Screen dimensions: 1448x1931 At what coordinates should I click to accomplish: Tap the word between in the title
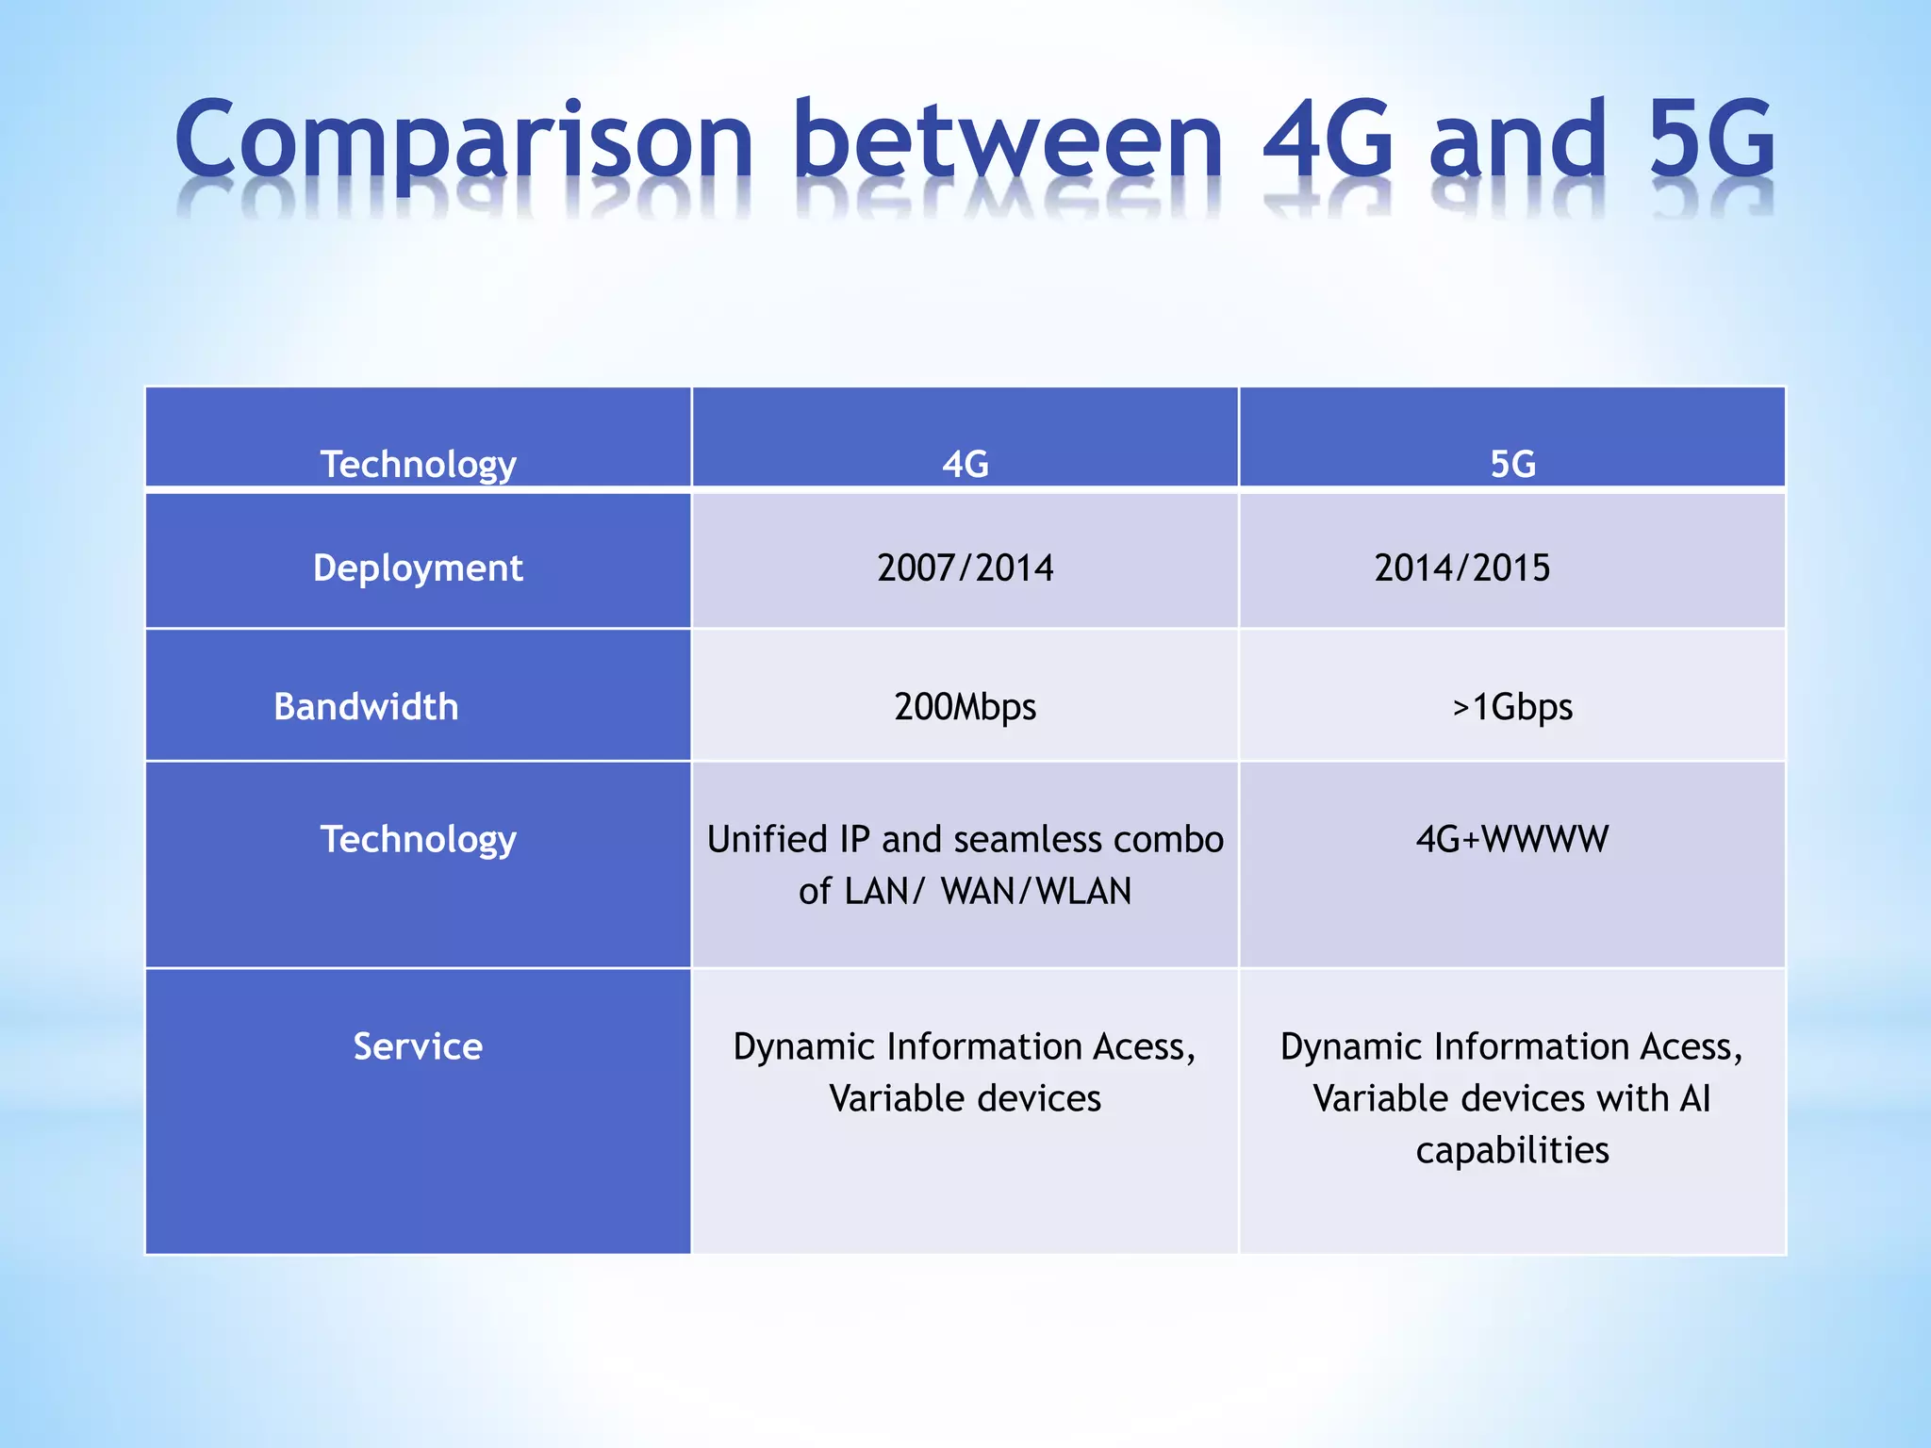pos(1007,141)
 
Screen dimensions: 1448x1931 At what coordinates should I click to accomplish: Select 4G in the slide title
pos(1328,141)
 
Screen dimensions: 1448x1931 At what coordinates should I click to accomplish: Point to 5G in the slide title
pos(1711,141)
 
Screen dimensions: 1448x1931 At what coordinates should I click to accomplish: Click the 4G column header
pos(965,464)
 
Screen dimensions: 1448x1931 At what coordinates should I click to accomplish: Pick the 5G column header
pos(1512,464)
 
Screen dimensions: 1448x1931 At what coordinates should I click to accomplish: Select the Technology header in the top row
pos(418,464)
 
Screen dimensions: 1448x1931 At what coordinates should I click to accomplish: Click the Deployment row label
pos(418,568)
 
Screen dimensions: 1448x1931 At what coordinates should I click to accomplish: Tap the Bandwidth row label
pos(366,707)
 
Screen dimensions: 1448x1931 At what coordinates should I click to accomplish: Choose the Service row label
pos(418,1046)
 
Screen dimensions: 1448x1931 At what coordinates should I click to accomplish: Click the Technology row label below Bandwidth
pos(418,839)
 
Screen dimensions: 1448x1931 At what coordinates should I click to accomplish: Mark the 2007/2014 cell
pos(965,568)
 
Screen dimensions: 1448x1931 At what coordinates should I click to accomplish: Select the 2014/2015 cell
pos(1461,568)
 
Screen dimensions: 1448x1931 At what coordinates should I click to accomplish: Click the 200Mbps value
pos(965,707)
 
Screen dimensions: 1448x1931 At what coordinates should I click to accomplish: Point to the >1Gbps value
pos(1512,707)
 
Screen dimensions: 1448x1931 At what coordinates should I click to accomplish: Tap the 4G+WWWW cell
pos(1512,839)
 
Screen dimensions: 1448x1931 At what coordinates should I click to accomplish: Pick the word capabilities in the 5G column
pos(1512,1150)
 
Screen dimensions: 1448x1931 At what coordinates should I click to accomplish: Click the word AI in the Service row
pos(1694,1098)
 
